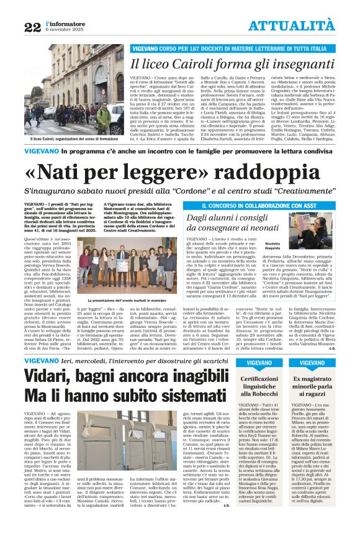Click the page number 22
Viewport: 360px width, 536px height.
32,27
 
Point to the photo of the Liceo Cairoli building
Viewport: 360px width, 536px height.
65,89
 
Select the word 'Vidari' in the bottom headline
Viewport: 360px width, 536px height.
50,375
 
